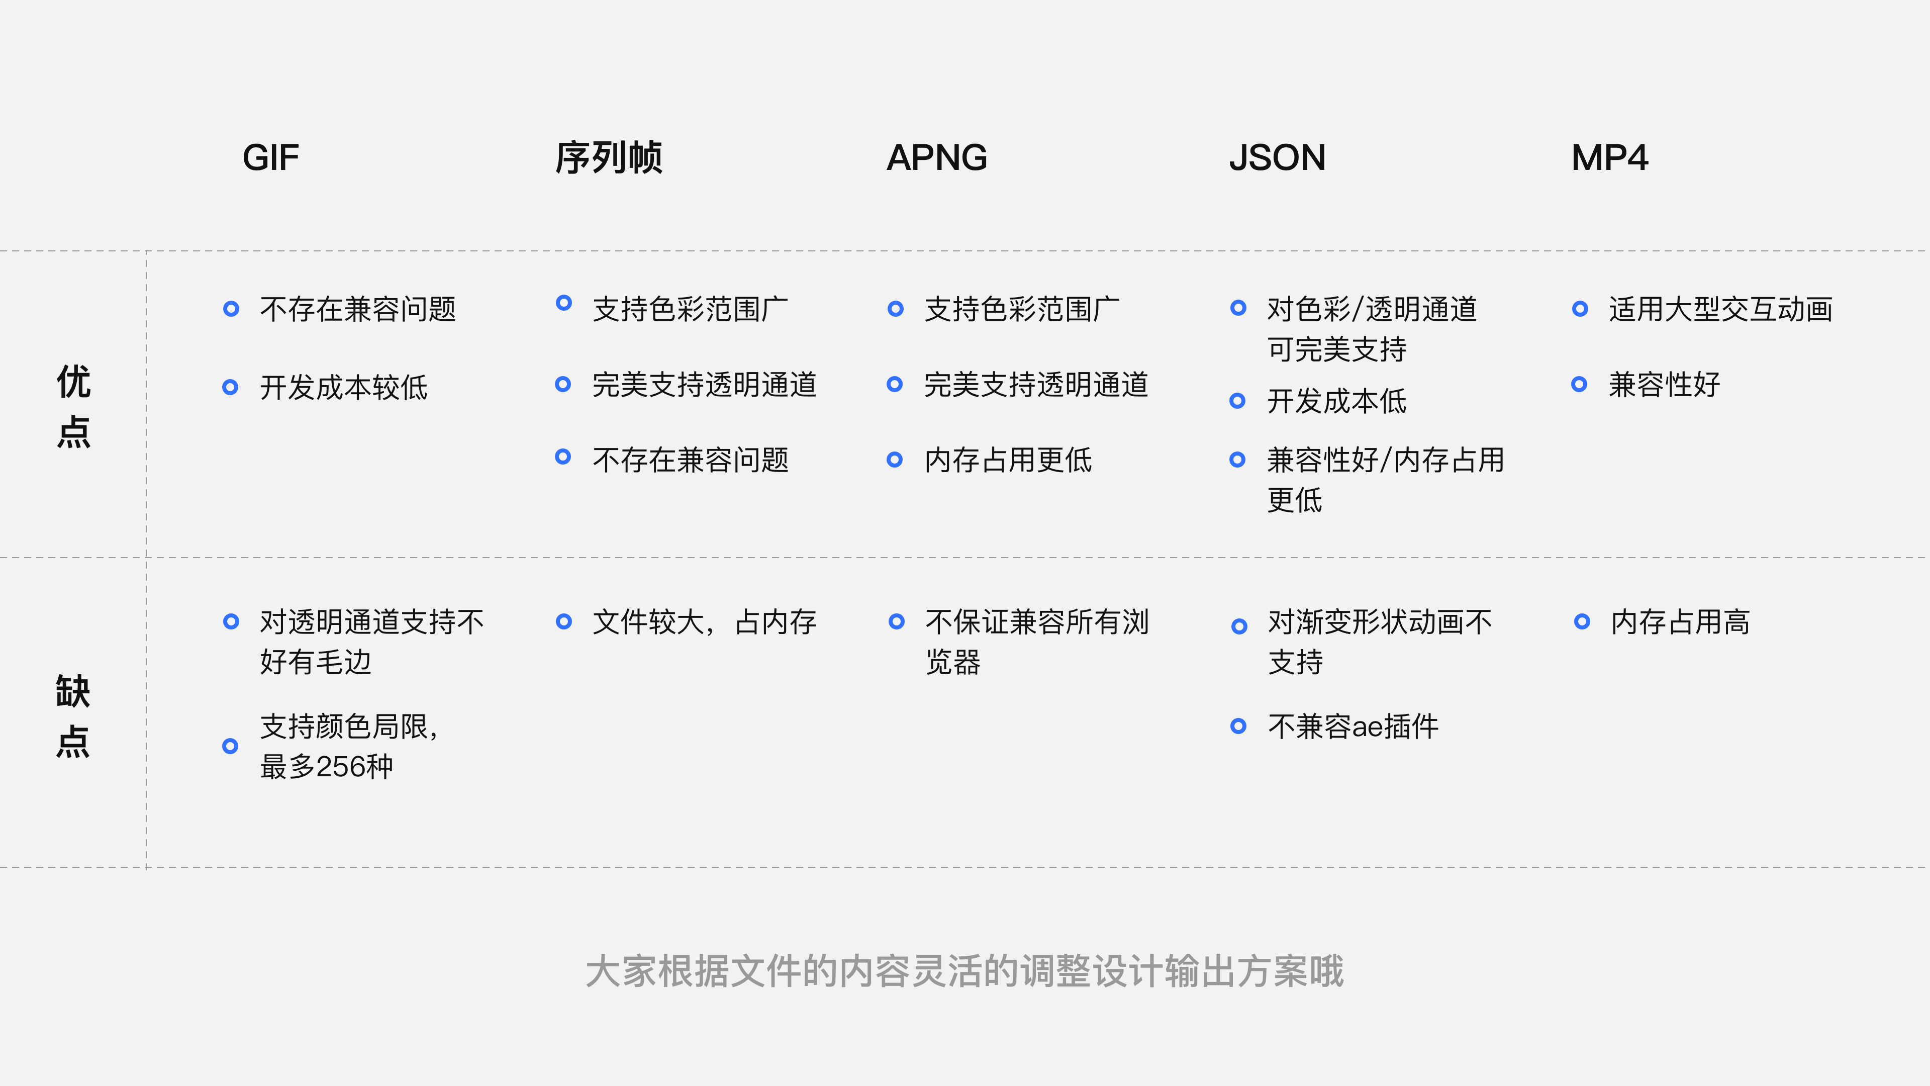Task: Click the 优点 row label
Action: click(73, 406)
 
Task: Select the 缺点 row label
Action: click(73, 716)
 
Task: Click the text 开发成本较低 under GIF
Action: click(344, 388)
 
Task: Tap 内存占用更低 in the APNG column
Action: click(1008, 460)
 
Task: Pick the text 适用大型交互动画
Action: click(1720, 309)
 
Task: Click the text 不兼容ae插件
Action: click(1353, 726)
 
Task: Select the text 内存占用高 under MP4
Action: click(1680, 622)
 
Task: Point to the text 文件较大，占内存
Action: click(704, 622)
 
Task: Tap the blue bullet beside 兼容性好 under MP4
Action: click(1579, 385)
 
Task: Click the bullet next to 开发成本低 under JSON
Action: click(1238, 401)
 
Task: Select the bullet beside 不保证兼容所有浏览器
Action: click(896, 621)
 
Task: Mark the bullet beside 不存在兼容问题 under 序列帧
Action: click(563, 457)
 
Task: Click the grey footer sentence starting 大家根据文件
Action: click(964, 971)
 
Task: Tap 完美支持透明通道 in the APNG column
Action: click(1035, 385)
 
